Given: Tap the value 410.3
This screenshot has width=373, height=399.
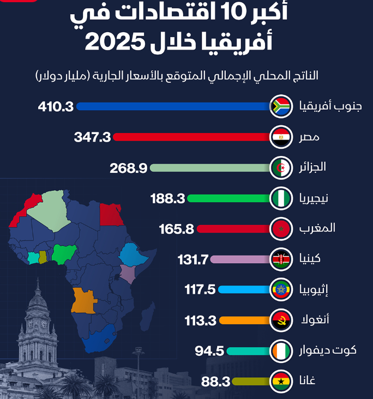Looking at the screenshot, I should tap(56, 106).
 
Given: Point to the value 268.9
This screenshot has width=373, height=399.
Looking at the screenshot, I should tap(129, 168).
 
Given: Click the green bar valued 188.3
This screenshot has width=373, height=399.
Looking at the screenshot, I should tap(229, 198).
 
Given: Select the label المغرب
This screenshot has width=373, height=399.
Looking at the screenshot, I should tap(316, 228).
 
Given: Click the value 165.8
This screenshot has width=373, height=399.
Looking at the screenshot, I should tap(177, 229).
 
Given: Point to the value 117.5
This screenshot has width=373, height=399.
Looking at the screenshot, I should tap(200, 289).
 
